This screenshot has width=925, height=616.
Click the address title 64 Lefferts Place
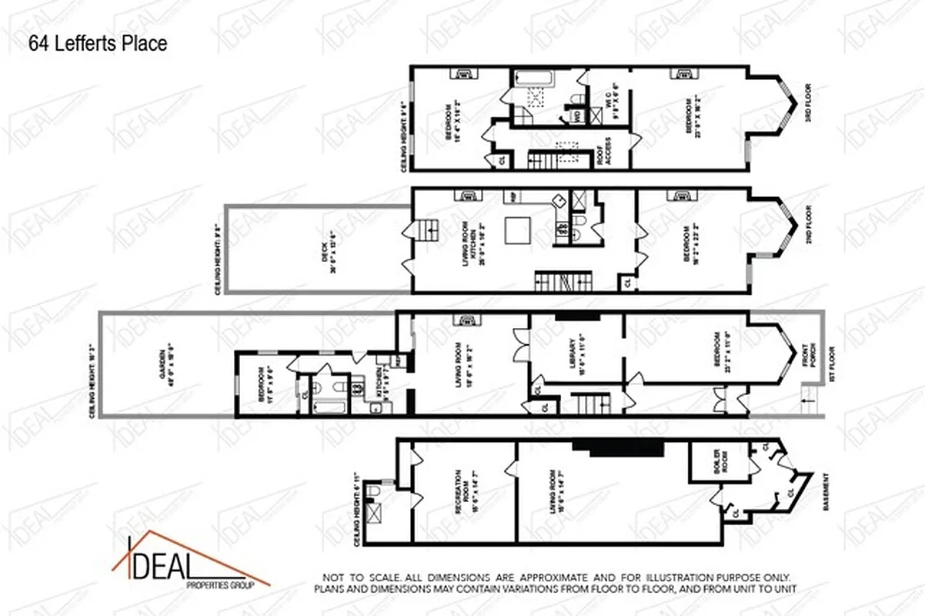[x=98, y=44]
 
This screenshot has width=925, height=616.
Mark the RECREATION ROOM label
[x=462, y=493]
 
